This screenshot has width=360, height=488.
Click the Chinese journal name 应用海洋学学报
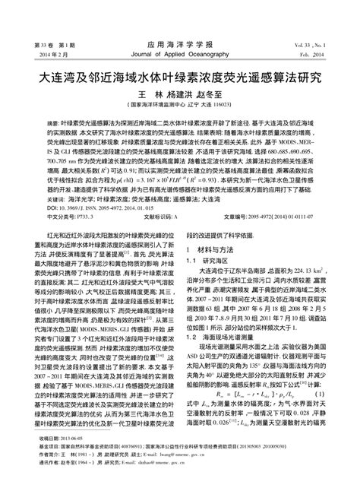tap(180, 45)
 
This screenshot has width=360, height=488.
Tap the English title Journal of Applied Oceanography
tap(180, 55)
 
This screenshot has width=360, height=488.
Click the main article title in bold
tap(180, 78)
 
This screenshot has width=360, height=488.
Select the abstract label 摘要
tap(54, 122)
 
